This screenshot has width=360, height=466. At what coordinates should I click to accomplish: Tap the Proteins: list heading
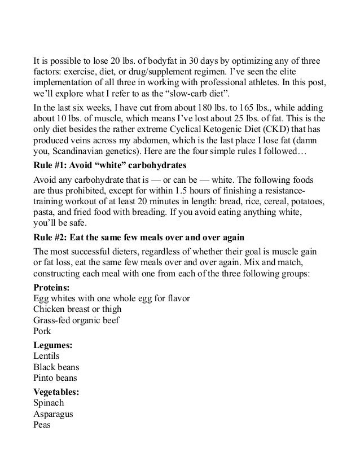coord(50,287)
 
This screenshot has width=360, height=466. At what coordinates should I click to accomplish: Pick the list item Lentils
coord(46,356)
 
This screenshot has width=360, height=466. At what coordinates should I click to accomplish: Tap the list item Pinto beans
coord(55,378)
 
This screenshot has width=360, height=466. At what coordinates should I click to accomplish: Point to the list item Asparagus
coord(54,414)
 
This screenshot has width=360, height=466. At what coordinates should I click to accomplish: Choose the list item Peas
coord(42,425)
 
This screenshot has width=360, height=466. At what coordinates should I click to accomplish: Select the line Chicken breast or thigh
coord(77,309)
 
